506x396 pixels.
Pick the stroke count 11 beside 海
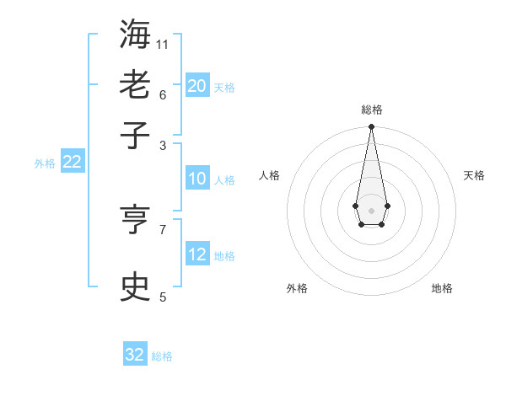click(x=163, y=44)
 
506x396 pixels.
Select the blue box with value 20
click(x=197, y=85)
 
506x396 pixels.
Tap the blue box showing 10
click(x=197, y=179)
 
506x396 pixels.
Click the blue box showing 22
click(x=73, y=162)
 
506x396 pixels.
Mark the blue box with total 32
click(x=135, y=355)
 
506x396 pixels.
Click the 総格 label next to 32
click(x=162, y=356)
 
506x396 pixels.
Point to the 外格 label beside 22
click(x=44, y=163)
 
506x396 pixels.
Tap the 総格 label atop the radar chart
click(x=371, y=110)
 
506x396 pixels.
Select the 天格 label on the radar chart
click(x=474, y=175)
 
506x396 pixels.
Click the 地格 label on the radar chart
click(x=442, y=288)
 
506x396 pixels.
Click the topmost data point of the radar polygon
click(x=371, y=126)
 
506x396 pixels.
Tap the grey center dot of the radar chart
click(x=371, y=209)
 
